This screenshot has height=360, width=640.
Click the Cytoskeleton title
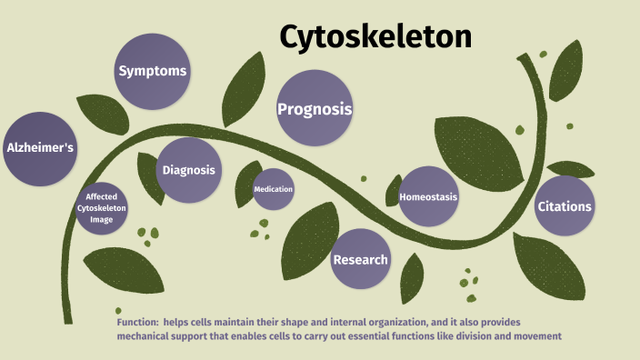(x=376, y=36)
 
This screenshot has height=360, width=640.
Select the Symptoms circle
(x=153, y=70)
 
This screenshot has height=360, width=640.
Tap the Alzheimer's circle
(x=40, y=147)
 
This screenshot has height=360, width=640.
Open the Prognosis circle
(x=314, y=109)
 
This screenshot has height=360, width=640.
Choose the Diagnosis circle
(x=188, y=170)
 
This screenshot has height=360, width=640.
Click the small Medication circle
(x=274, y=189)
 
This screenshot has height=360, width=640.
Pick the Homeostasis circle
(x=428, y=196)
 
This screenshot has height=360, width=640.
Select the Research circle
(x=360, y=260)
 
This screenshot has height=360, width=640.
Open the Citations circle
(x=565, y=206)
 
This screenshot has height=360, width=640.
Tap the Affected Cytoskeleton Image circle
(x=101, y=208)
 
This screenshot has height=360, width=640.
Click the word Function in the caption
(x=138, y=323)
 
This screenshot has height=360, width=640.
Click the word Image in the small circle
(x=101, y=219)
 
